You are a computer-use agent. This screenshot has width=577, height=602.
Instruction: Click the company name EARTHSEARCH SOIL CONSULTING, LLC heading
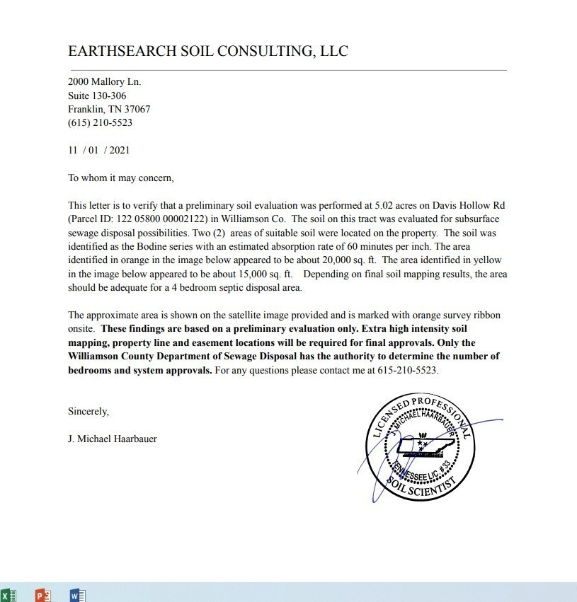coord(207,51)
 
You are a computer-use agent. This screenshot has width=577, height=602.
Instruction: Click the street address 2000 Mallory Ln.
coord(104,82)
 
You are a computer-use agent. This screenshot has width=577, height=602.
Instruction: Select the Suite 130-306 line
coord(97,95)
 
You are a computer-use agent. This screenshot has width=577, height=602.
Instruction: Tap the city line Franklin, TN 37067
coord(109,109)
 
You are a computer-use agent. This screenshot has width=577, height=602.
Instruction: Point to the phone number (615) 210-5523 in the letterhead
coord(100,122)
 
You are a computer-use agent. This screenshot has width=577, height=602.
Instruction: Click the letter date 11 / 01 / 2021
coord(98,150)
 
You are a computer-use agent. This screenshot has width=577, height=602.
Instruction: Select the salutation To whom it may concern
coord(120,178)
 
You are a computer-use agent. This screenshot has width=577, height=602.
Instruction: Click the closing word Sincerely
coord(88,411)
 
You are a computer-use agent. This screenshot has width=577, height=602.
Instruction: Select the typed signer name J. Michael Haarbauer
coord(113,439)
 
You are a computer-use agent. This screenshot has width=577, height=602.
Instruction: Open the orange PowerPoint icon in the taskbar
coord(42,596)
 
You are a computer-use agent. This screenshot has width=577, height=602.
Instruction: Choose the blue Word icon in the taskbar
coord(78,596)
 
